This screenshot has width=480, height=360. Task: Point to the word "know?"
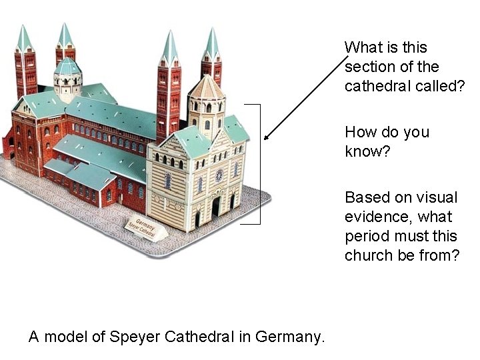[x=367, y=151]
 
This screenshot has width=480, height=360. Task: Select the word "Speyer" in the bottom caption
[x=138, y=337]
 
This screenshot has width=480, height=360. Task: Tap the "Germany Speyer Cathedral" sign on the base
[x=146, y=228]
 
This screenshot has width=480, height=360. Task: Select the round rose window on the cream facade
[x=219, y=175]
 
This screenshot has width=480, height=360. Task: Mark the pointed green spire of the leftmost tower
[x=24, y=39]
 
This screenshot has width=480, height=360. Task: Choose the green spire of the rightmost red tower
[x=211, y=44]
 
